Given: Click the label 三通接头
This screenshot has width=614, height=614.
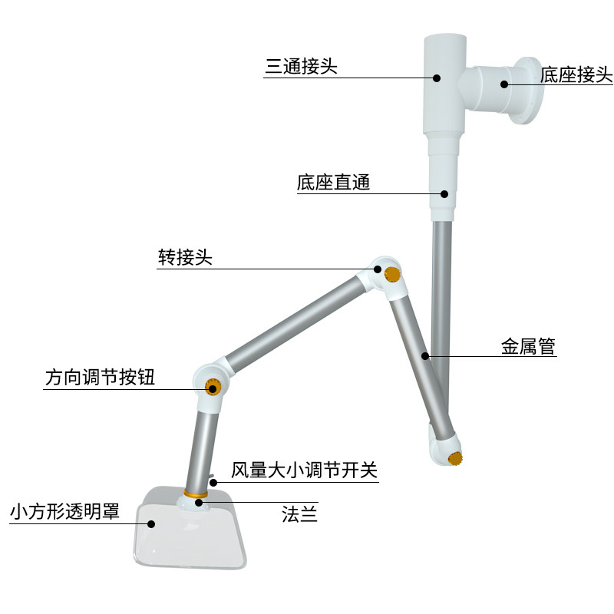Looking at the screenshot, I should (301, 68).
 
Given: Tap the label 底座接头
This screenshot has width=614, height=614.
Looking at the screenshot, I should (576, 74).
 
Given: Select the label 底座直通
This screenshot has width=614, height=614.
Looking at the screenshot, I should (333, 183).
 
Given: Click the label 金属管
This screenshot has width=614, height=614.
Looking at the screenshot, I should (528, 347).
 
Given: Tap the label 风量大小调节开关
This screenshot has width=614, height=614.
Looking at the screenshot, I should (305, 470).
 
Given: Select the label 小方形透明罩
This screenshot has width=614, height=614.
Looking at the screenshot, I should (64, 512).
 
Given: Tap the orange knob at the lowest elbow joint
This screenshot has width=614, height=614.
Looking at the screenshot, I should (456, 460).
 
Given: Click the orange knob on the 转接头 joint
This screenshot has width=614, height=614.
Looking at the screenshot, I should (393, 274).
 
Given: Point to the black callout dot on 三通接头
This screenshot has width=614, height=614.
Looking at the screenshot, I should (436, 77).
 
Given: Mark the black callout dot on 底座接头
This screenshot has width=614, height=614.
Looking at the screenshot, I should (505, 84).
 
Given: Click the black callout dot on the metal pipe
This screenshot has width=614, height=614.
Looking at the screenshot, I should (425, 356).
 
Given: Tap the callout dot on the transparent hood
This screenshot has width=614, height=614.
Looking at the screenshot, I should (151, 524).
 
